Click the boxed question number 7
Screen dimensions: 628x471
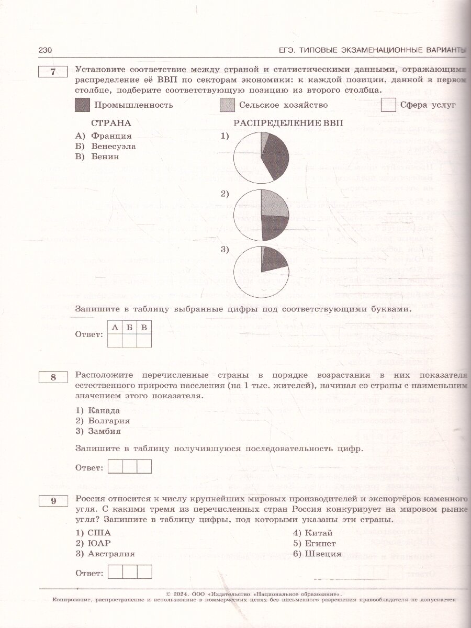pos(53,73)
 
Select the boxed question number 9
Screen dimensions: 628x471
pos(53,501)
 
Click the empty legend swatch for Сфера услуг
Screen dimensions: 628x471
pos(388,105)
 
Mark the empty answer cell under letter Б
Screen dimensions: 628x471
pos(129,341)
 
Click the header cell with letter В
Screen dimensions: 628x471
pos(144,328)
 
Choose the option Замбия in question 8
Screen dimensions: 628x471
pos(105,431)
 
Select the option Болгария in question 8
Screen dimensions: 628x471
pos(109,421)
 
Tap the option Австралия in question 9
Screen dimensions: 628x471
pos(111,553)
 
